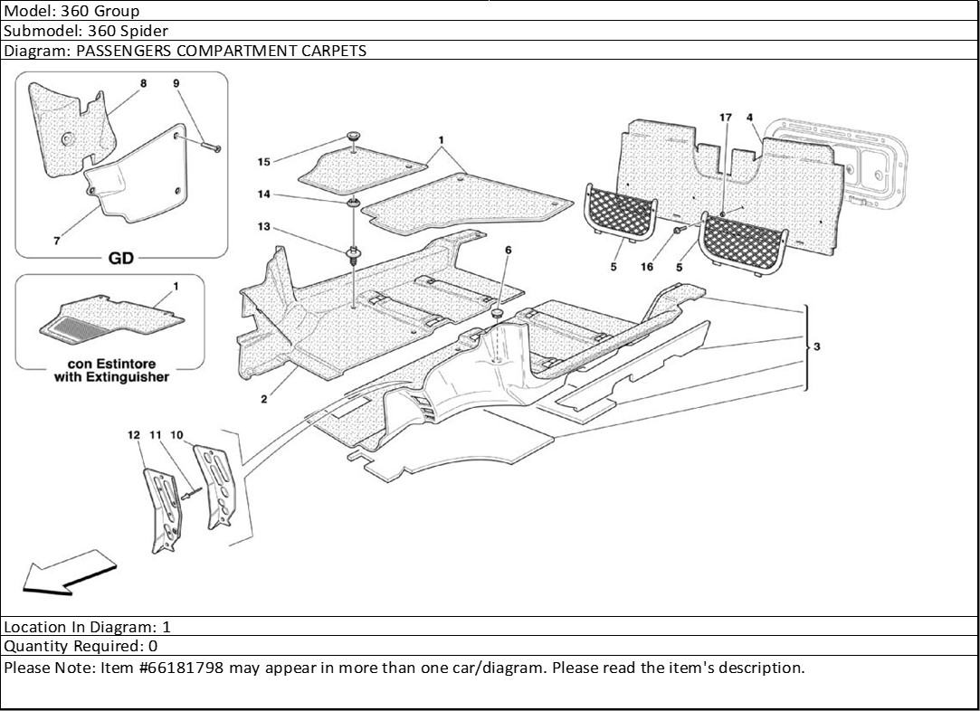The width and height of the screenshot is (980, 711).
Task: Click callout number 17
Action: (x=726, y=118)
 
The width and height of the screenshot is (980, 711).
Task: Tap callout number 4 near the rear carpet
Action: (x=750, y=118)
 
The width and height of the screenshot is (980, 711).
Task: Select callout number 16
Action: (x=646, y=267)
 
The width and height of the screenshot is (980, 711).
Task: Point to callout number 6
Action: (x=508, y=249)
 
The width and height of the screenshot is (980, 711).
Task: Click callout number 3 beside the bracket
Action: (x=817, y=347)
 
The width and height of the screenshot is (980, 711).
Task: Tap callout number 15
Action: (x=264, y=162)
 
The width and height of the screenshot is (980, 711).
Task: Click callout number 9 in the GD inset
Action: (x=176, y=83)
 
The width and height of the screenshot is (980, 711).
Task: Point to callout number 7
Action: (x=56, y=242)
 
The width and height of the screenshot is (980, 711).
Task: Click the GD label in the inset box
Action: (x=120, y=259)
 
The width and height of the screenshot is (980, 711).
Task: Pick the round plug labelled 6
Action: (x=497, y=313)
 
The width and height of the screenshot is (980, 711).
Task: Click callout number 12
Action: (x=134, y=435)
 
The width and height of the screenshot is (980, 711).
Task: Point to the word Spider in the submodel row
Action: (x=148, y=31)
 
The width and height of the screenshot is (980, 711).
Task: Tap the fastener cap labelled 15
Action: (x=352, y=137)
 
